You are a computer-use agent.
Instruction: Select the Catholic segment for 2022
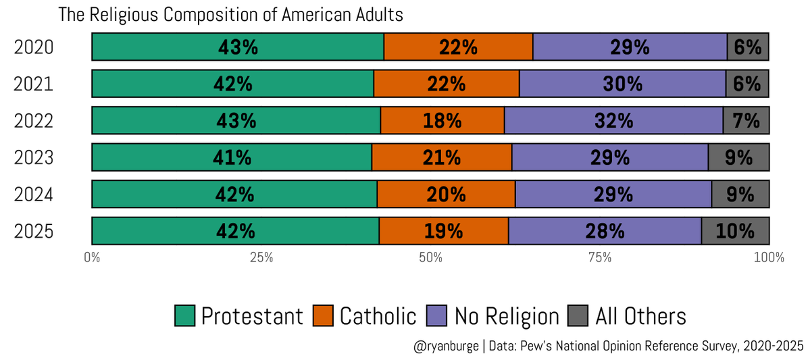pyautogui.click(x=442, y=120)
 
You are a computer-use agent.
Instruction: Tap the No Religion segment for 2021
pyautogui.click(x=622, y=84)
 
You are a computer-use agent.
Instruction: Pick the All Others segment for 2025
pyautogui.click(x=735, y=230)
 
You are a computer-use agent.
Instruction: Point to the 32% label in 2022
pyautogui.click(x=613, y=120)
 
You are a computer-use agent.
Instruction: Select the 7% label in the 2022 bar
pyautogui.click(x=746, y=120)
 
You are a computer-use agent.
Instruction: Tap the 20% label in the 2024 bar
pyautogui.click(x=446, y=194)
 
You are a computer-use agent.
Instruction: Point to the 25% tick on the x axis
pyautogui.click(x=261, y=257)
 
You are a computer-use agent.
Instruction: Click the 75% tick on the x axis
pyautogui.click(x=600, y=257)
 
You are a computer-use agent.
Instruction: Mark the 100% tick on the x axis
pyautogui.click(x=768, y=257)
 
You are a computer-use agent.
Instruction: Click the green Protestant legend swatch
pyautogui.click(x=184, y=315)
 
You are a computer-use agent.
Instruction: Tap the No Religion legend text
pyautogui.click(x=507, y=316)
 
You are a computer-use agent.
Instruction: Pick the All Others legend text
pyautogui.click(x=640, y=316)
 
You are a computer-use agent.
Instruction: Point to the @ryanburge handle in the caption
pyautogui.click(x=445, y=346)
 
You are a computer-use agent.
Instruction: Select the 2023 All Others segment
pyautogui.click(x=738, y=157)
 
